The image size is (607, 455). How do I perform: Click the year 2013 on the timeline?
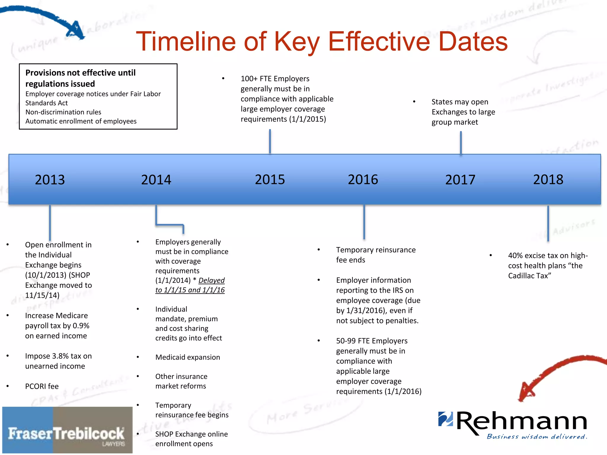50,180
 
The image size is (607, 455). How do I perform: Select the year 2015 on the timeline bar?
270,180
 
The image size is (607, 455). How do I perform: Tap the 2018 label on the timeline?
548,180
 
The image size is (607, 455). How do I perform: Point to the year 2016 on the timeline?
363,180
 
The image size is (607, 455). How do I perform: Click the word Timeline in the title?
186,41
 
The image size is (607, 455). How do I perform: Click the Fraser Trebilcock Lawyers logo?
67,430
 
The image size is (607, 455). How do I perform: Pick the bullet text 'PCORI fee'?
42,386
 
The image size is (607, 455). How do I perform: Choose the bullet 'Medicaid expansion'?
188,357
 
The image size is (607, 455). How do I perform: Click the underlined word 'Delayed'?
211,280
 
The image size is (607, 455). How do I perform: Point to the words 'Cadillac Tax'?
529,276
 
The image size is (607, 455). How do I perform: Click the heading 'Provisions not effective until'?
80,73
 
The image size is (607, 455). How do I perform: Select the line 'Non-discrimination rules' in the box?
63,112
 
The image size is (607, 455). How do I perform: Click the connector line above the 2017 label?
461,143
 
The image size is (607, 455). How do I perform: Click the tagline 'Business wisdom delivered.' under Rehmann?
537,437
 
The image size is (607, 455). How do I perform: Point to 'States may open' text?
460,102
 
